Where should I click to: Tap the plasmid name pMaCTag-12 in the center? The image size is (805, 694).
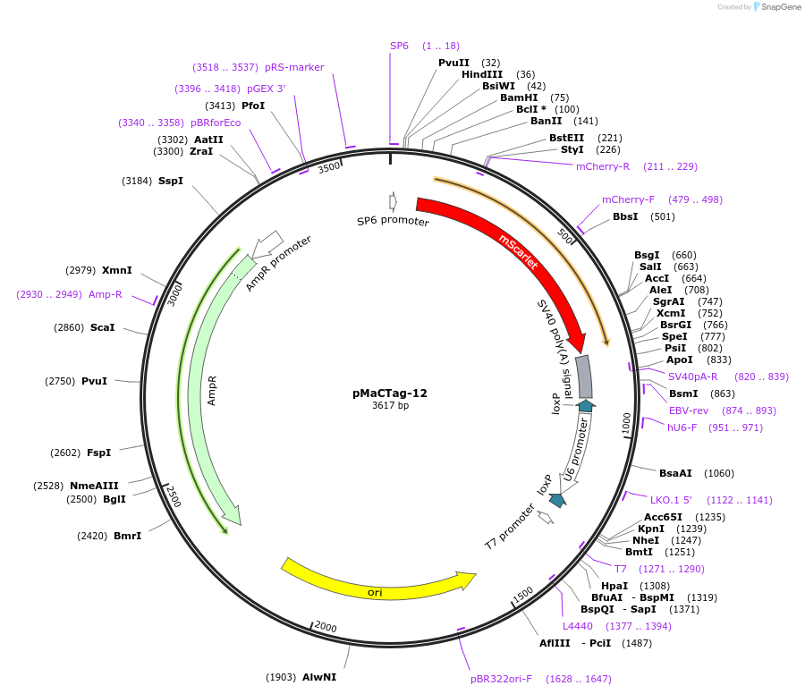click(x=390, y=393)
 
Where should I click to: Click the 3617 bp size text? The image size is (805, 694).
click(x=390, y=405)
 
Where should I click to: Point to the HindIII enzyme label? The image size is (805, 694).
click(x=482, y=74)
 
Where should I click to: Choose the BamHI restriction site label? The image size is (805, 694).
click(x=519, y=97)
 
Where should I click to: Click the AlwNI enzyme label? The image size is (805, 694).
click(x=319, y=677)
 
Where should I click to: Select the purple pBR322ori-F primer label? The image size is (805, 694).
click(x=501, y=679)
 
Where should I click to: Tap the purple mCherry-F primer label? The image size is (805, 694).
click(x=628, y=199)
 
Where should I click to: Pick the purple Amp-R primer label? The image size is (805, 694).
click(x=106, y=294)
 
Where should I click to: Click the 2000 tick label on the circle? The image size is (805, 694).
click(x=326, y=627)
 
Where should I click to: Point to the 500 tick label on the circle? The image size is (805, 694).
click(x=564, y=236)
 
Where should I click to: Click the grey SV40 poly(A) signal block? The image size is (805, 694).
click(x=583, y=377)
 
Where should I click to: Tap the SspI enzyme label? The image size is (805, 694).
click(x=171, y=181)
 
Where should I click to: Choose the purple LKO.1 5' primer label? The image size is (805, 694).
click(x=671, y=500)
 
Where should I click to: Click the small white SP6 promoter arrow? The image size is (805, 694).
click(x=393, y=201)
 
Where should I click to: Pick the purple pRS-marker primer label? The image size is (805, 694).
click(x=294, y=67)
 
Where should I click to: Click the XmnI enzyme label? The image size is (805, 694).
click(x=117, y=270)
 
